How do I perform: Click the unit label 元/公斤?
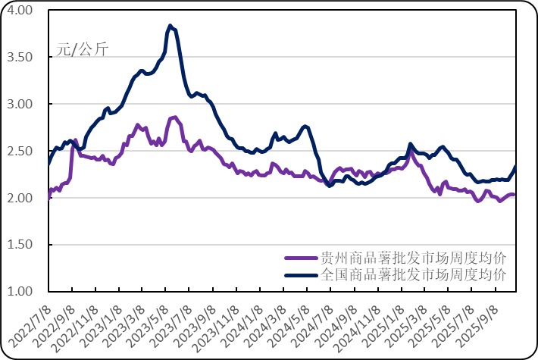pyautogui.click(x=82, y=50)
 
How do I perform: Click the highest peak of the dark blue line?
pyautogui.click(x=170, y=25)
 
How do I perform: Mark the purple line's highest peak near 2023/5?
pyautogui.click(x=174, y=117)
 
